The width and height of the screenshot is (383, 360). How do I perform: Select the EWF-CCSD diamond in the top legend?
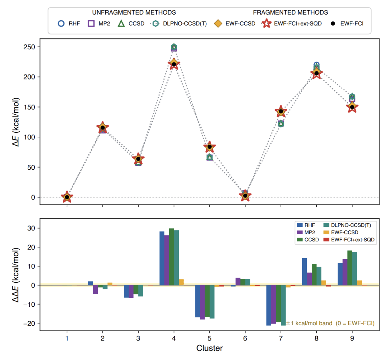[x=218, y=23]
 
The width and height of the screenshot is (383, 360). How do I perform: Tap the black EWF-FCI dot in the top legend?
[x=333, y=23]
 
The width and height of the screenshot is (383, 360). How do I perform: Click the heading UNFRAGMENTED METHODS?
[x=134, y=12]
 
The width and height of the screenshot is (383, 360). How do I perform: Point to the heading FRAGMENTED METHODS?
[x=290, y=12]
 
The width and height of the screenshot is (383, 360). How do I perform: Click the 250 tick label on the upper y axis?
[x=29, y=47]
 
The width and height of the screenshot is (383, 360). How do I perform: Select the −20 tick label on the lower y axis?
[x=29, y=323]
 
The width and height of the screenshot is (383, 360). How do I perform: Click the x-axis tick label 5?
[x=210, y=338]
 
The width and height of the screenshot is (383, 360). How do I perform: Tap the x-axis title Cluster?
[x=210, y=348]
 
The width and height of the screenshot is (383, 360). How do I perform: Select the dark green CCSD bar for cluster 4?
[x=172, y=257]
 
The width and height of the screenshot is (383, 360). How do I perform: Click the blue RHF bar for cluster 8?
[x=305, y=272]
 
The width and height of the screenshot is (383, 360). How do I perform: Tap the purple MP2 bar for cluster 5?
[x=202, y=302]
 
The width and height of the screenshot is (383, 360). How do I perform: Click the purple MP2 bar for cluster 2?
[x=95, y=290]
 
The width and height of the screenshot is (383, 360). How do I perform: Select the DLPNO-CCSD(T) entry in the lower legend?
[x=347, y=225]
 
